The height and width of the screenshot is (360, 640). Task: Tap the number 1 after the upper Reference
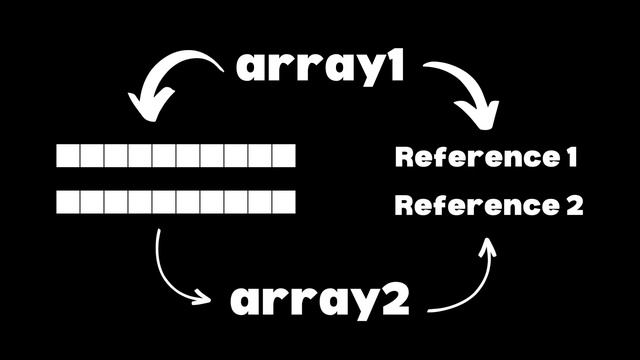[x=571, y=157]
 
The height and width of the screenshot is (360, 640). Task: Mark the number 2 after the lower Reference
[x=573, y=206]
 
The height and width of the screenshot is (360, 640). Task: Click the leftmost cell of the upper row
[x=68, y=156]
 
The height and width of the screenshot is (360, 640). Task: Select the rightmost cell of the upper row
[x=284, y=156]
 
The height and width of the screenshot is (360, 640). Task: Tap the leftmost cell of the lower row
[x=68, y=203]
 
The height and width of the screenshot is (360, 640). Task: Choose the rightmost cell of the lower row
[x=284, y=203]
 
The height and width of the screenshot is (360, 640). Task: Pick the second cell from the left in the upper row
[x=92, y=156]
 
